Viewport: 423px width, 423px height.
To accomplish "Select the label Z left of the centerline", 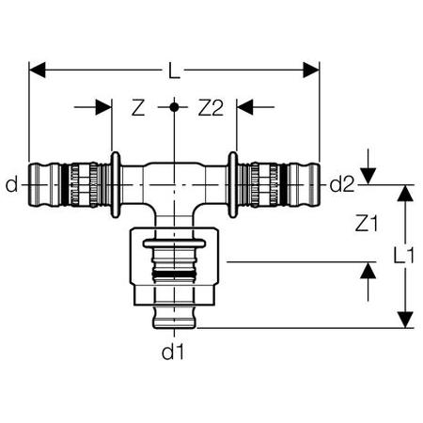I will click(x=138, y=109).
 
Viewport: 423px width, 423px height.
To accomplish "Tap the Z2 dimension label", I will click(x=209, y=109).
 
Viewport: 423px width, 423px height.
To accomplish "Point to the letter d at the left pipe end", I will click(x=11, y=185).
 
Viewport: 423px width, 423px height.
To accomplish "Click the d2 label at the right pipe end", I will click(x=341, y=185).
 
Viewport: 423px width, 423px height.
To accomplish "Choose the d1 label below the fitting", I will click(x=171, y=355).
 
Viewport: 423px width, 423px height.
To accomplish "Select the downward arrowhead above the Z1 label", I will click(x=368, y=177).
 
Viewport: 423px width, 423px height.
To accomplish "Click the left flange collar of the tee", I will click(x=115, y=185).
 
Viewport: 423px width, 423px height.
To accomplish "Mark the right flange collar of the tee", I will click(x=232, y=185).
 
